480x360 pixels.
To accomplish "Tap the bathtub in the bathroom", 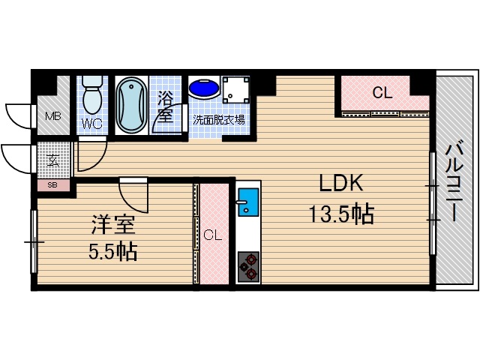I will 130,104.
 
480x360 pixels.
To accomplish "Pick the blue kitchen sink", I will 247,202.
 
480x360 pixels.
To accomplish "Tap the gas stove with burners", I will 248,265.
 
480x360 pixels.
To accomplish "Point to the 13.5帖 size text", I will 342,215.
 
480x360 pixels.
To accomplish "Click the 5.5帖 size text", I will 112,251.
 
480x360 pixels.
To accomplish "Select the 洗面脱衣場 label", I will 218,119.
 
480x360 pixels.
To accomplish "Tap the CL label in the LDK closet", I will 382,94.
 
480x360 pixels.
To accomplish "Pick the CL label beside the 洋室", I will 213,235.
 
